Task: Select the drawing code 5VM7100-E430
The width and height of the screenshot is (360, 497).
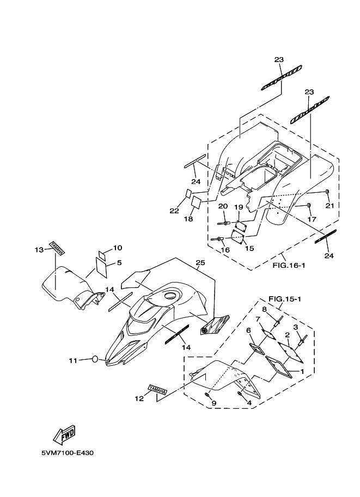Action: point(67,452)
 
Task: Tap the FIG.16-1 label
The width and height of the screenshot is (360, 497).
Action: point(289,265)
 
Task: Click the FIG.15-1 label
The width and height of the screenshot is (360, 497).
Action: point(284,298)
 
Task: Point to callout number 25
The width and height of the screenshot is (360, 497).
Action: point(200,262)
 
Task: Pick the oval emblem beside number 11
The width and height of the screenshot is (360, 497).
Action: point(95,359)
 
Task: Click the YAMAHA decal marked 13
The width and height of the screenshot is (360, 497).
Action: point(57,248)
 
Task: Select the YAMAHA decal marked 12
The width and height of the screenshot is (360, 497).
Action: point(157,390)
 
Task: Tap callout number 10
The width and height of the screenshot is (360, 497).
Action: point(117,248)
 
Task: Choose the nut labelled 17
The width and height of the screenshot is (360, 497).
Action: point(308,205)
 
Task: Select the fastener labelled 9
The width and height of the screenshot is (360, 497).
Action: point(207,395)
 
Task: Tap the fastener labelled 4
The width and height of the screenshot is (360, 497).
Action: point(240,394)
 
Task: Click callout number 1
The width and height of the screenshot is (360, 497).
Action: point(302,371)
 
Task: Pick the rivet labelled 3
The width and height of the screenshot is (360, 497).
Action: point(302,340)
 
